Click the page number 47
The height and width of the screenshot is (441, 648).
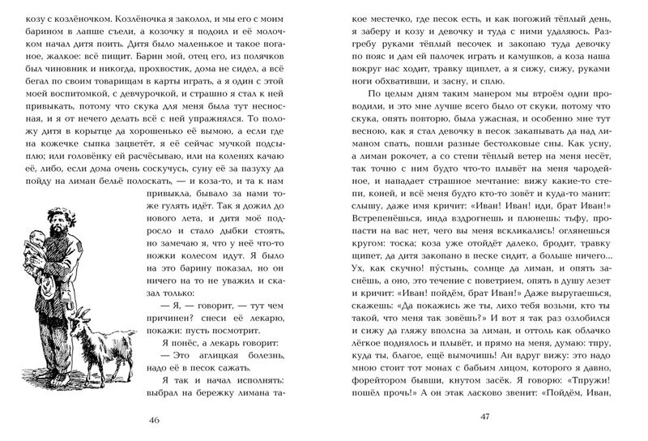click(x=485, y=419)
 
